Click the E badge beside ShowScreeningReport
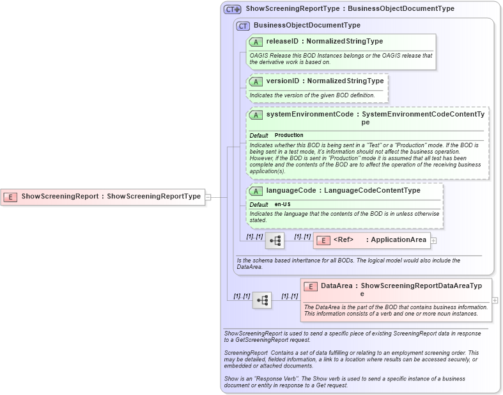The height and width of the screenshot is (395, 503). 10,197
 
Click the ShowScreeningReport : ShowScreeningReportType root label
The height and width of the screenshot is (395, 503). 111,197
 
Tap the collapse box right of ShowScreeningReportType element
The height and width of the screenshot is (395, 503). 208,197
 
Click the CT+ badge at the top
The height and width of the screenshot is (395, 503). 232,9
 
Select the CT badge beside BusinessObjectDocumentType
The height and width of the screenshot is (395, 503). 243,26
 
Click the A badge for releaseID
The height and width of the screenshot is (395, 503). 256,42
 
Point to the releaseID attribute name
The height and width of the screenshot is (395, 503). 282,42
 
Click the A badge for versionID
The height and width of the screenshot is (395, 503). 256,81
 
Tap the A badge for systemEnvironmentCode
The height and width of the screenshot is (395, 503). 256,115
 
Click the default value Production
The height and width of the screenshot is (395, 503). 289,136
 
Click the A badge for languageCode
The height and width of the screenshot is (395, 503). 256,191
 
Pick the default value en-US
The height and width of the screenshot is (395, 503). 282,204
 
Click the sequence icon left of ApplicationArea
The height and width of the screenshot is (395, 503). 275,241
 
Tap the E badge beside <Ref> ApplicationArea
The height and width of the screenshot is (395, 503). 323,240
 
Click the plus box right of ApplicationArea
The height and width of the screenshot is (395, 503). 434,241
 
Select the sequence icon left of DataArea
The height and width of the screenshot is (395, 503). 262,300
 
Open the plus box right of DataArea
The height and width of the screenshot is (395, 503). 495,300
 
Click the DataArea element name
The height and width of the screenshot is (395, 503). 336,286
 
